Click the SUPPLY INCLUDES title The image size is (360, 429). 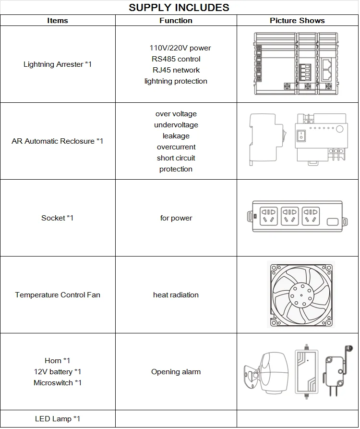point(179,8)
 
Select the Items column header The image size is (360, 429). point(58,21)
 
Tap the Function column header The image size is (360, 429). point(176,21)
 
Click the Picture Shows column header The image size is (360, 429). point(297,21)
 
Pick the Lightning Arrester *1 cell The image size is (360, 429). point(58,64)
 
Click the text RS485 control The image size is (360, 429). point(176,59)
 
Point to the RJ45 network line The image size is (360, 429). point(176,70)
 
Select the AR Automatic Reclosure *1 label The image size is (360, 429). point(58,141)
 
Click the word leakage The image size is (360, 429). point(176,136)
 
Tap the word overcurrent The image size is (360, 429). point(176,147)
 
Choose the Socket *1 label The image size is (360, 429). point(58,218)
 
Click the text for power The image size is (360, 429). point(176,218)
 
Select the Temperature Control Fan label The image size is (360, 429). point(58,295)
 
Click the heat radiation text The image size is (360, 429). point(176,295)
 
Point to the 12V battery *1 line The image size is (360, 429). point(58,372)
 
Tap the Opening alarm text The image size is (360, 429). point(176,372)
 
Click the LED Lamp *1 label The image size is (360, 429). point(58,419)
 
